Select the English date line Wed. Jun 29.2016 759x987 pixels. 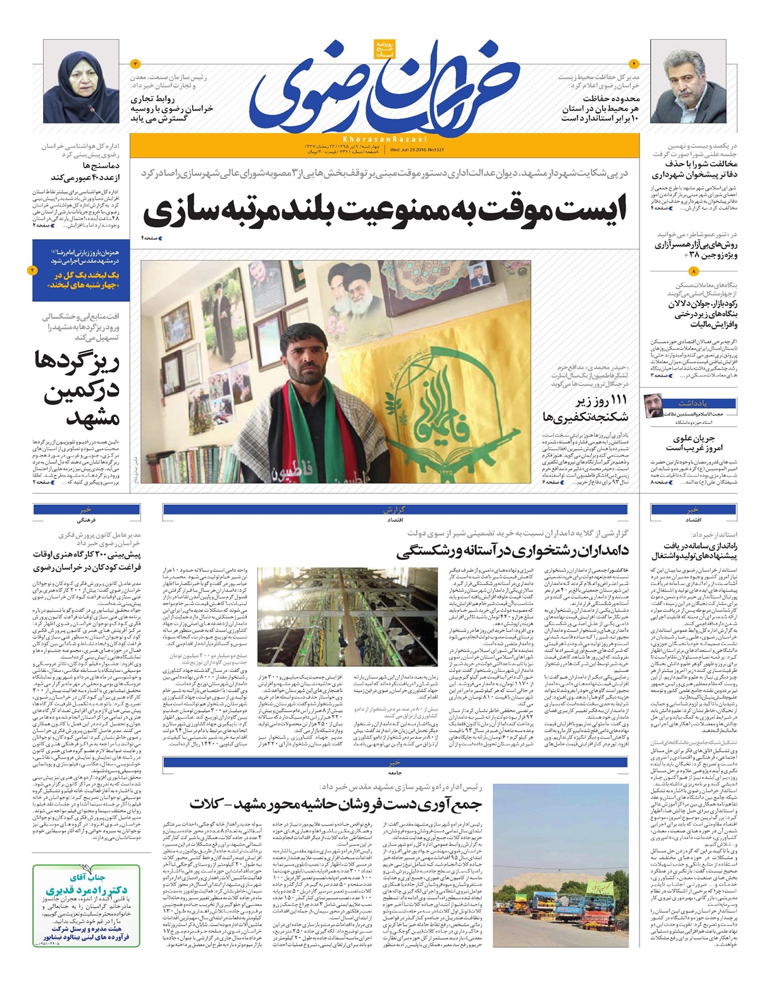tap(411, 151)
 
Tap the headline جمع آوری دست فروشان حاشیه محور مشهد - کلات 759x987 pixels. tap(335, 805)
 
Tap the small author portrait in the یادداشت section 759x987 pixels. tap(652, 404)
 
